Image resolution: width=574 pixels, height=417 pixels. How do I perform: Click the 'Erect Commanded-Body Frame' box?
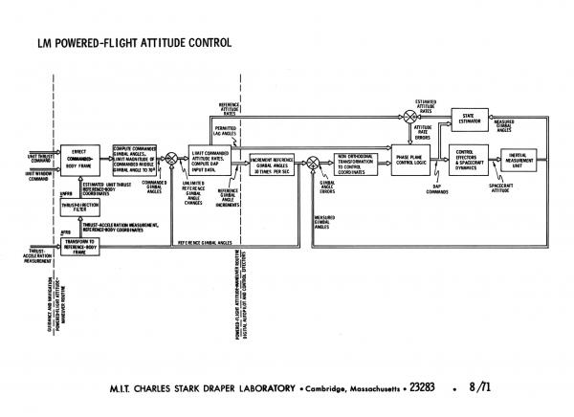click(x=80, y=160)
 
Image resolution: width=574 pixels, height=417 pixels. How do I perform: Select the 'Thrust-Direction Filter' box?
click(x=80, y=208)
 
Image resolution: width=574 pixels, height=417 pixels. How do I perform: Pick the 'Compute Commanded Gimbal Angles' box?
click(x=134, y=159)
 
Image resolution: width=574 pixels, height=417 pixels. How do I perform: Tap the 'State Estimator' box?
click(x=469, y=121)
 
